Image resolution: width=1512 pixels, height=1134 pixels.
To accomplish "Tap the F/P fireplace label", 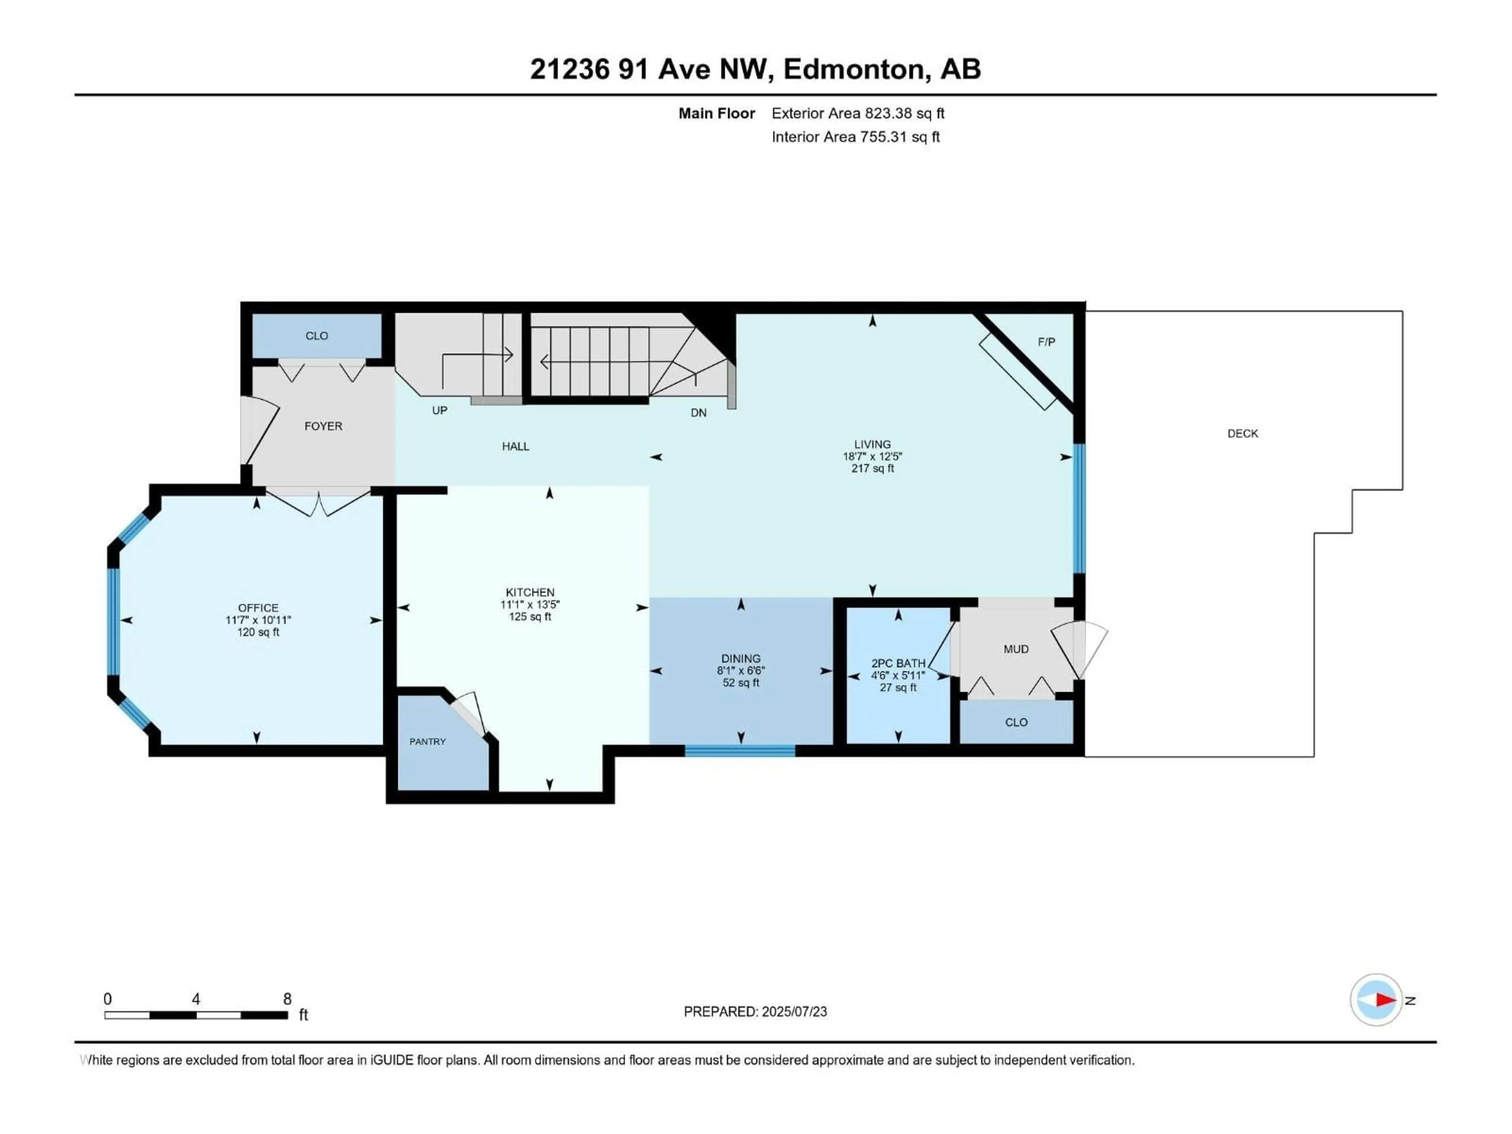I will pyautogui.click(x=1046, y=342).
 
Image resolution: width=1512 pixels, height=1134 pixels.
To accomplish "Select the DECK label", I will pyautogui.click(x=1242, y=434).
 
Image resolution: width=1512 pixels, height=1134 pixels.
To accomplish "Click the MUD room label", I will pyautogui.click(x=1016, y=649).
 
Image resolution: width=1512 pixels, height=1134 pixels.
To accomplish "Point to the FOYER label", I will pyautogui.click(x=323, y=426).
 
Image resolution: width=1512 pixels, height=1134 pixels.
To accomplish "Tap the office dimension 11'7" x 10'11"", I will pyautogui.click(x=258, y=620).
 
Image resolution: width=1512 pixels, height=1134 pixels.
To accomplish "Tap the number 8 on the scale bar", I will pyautogui.click(x=288, y=999).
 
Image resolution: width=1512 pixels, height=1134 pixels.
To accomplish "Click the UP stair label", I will pyautogui.click(x=439, y=410).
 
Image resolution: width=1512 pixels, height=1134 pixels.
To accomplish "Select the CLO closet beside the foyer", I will pyautogui.click(x=317, y=335).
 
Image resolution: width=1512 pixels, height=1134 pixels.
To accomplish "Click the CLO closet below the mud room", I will pyautogui.click(x=1016, y=723).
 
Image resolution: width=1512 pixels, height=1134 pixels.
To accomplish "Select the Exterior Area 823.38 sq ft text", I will pyautogui.click(x=858, y=113).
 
